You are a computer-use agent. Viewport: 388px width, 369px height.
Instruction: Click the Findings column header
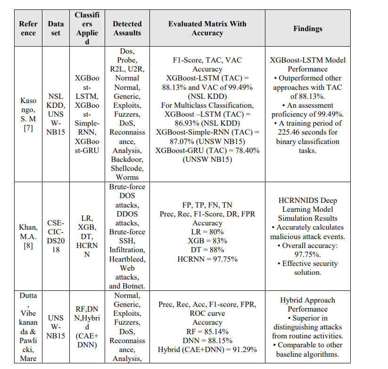click(307, 29)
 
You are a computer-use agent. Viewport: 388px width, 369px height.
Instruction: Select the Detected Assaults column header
click(127, 29)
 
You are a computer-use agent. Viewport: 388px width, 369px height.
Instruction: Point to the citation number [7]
click(28, 128)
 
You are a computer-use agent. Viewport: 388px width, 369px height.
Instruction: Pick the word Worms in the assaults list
click(127, 177)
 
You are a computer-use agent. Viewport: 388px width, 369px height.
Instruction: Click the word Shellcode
click(127, 168)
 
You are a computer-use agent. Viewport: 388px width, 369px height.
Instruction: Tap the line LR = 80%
click(207, 232)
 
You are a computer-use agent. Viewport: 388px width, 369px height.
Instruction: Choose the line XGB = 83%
click(207, 241)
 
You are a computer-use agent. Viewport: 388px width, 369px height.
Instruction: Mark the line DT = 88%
click(207, 250)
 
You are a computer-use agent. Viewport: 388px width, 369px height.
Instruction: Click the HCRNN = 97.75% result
click(207, 259)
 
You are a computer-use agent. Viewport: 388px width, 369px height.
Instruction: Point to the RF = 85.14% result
click(207, 332)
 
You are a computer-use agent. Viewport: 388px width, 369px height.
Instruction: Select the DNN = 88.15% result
click(207, 341)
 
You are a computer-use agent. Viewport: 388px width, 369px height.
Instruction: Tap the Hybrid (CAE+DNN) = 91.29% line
click(207, 350)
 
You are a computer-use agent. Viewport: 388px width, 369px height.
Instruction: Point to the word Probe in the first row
click(127, 60)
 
